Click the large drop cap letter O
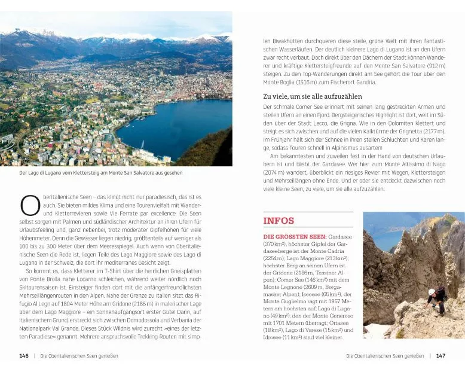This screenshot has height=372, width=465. [x=29, y=205]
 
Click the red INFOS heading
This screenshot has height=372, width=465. [x=279, y=221]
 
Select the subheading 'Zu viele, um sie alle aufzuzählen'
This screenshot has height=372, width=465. [x=313, y=96]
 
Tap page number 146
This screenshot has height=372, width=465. [x=24, y=356]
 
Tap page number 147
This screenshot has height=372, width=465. [x=440, y=356]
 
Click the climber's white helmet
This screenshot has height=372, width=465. [x=432, y=292]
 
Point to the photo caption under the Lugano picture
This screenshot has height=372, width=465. [x=100, y=173]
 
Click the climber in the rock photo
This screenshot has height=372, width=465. [x=436, y=299]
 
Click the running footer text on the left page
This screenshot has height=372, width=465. [x=78, y=356]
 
